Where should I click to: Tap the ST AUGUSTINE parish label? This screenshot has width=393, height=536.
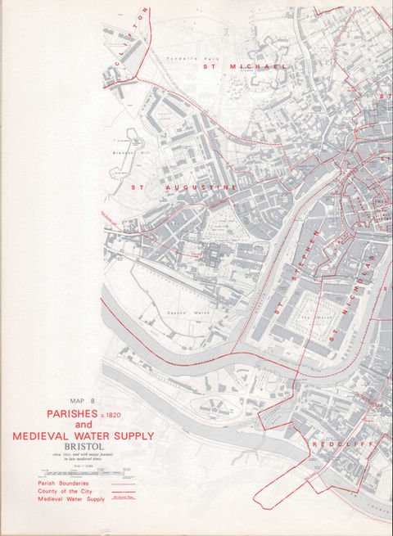click(184, 187)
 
